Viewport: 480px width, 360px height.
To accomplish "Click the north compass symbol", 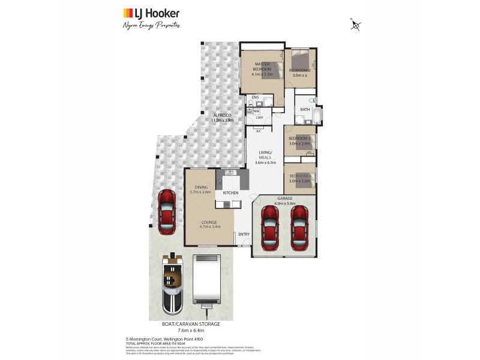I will coord(356,25).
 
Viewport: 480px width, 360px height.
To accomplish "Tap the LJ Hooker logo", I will coord(151,13).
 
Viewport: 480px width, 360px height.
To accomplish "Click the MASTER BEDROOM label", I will coord(263,66).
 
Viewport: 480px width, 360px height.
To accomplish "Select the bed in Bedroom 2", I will coord(299,61).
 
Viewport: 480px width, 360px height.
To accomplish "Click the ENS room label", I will coord(255,97).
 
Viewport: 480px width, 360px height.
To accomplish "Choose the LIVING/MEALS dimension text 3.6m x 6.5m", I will coord(265,162).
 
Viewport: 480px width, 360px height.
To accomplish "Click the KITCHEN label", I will coord(231,193).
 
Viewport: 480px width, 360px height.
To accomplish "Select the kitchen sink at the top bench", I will coord(229,173).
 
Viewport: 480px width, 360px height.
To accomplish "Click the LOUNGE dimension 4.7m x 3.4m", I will coord(211,226).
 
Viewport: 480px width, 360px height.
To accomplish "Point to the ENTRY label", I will coord(244,234).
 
